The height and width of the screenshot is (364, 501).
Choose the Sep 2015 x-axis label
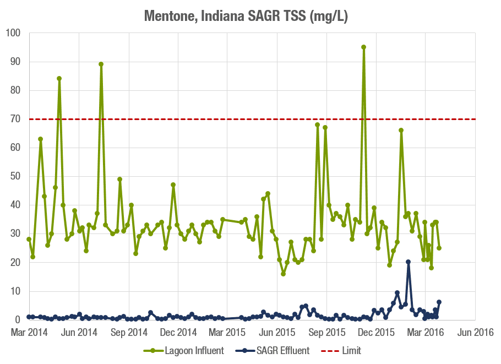tap(328, 333)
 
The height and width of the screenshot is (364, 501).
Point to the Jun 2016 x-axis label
tap(476, 333)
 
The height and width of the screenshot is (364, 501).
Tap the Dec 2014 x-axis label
tap(178, 333)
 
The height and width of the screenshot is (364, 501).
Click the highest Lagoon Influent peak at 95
tap(363, 47)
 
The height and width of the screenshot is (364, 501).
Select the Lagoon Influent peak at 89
tap(101, 64)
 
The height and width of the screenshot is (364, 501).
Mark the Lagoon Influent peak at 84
tap(59, 79)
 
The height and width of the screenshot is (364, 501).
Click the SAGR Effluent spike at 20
tap(408, 262)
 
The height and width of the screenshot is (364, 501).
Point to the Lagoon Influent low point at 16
tap(283, 274)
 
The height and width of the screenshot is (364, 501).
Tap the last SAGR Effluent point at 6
tap(439, 302)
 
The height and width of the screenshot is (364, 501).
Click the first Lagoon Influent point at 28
tap(29, 239)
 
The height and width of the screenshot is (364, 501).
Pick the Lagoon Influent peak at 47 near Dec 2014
tap(173, 185)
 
